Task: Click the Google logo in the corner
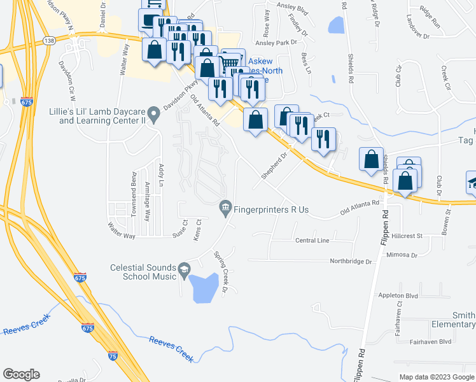click(x=21, y=374)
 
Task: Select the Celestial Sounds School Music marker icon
click(x=185, y=269)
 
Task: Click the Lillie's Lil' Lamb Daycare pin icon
click(x=153, y=114)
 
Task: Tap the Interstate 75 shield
click(x=112, y=357)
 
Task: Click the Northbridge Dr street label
click(x=351, y=261)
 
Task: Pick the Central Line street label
click(x=312, y=240)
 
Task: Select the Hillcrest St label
click(x=407, y=236)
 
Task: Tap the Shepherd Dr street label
click(x=276, y=164)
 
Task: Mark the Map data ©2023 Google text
click(x=436, y=377)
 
